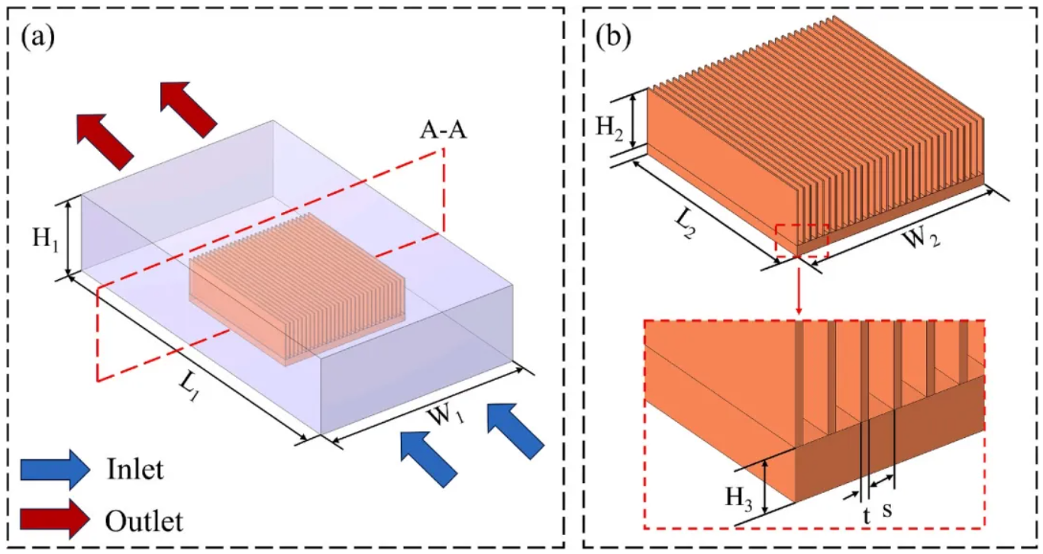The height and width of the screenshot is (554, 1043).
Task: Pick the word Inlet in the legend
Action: point(135,469)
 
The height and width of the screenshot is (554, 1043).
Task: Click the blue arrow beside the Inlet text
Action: point(56,469)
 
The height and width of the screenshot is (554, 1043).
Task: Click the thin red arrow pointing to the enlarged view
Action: point(799,286)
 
